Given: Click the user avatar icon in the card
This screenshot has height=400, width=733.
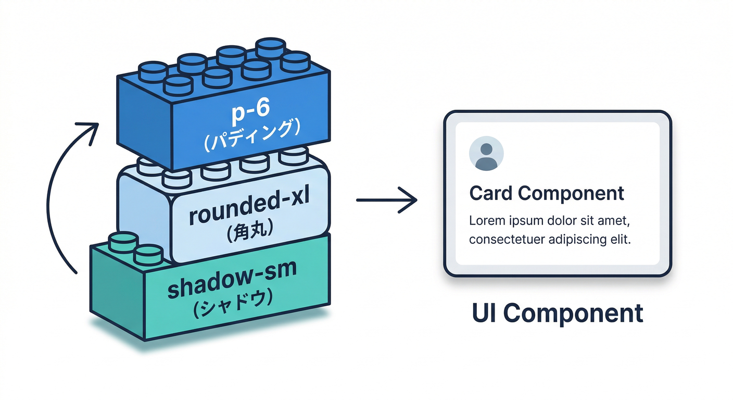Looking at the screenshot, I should (x=486, y=154).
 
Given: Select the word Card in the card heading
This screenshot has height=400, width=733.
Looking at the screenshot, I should (x=492, y=193).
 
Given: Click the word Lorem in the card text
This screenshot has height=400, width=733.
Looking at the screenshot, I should (x=487, y=220).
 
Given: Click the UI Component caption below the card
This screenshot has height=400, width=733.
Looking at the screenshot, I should (x=558, y=313).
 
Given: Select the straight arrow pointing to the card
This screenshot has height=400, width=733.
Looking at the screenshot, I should (x=386, y=200).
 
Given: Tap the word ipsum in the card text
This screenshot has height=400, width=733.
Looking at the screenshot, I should (x=523, y=220).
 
